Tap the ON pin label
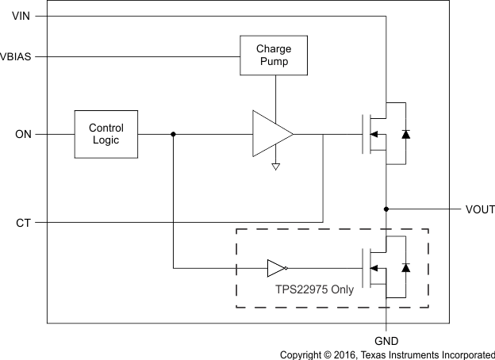coord(23,135)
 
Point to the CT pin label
coord(24,223)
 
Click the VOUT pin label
coord(480,209)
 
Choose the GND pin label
coord(386,339)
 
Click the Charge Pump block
coord(273,56)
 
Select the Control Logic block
coord(106,134)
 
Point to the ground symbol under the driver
coord(275,167)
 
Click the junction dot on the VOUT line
coord(386,209)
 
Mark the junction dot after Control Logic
coord(173,135)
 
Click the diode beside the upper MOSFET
coord(406,134)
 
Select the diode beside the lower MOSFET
coord(406,268)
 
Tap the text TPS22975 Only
coord(315,289)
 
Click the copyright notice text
coord(386,354)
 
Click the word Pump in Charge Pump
coord(273,62)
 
